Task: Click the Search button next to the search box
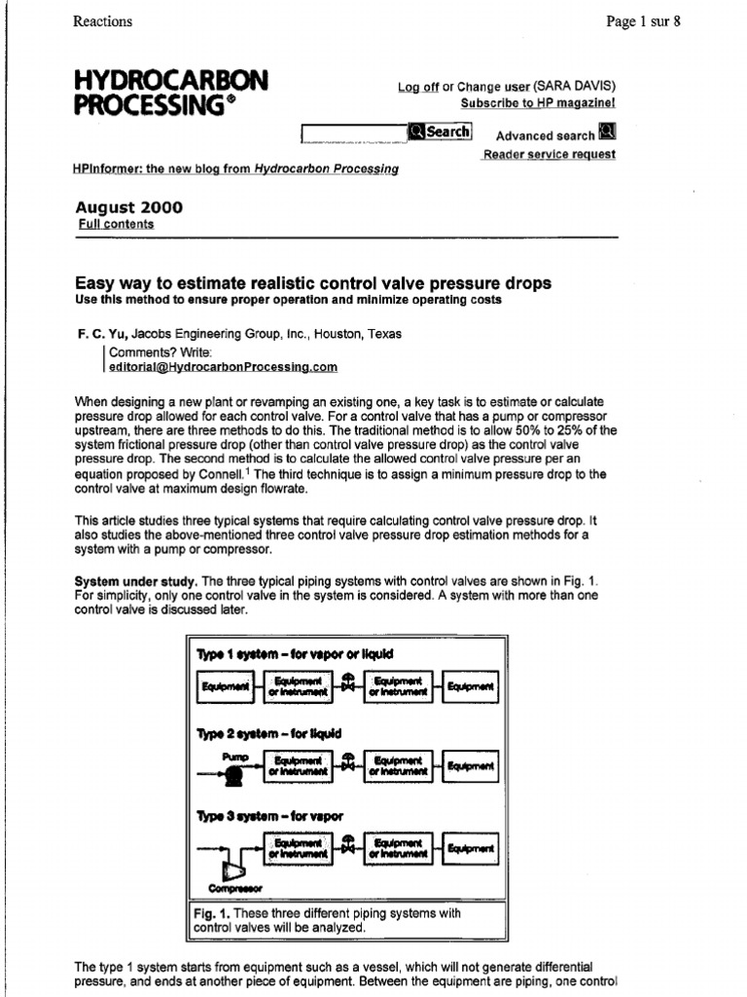[440, 131]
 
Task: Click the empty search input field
[354, 132]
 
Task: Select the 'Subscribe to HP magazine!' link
[537, 102]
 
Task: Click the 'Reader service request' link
[549, 155]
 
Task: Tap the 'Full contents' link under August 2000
[115, 224]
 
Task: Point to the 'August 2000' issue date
[128, 207]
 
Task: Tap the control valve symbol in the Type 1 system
[347, 684]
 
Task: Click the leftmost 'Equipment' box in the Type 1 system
[226, 686]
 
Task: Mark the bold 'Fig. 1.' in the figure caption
[212, 914]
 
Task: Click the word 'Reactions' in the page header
[103, 21]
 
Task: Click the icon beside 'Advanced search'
[607, 133]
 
